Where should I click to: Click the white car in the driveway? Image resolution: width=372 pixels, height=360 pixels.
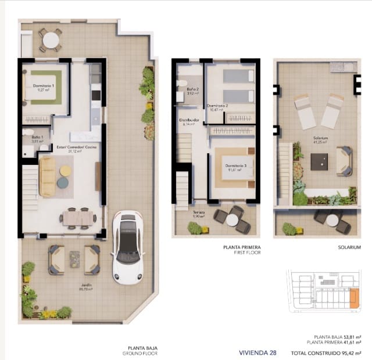tap(127, 249)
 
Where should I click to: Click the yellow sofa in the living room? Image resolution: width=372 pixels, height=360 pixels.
tap(46, 177)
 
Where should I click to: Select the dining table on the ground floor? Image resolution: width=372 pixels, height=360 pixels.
tap(78, 217)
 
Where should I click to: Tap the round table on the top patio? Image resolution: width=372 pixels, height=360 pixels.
tap(51, 40)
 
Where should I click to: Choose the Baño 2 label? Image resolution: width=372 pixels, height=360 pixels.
tap(193, 90)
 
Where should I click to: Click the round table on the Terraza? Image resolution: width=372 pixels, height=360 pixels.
tap(233, 219)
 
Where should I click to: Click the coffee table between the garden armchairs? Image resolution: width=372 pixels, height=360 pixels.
tap(74, 259)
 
